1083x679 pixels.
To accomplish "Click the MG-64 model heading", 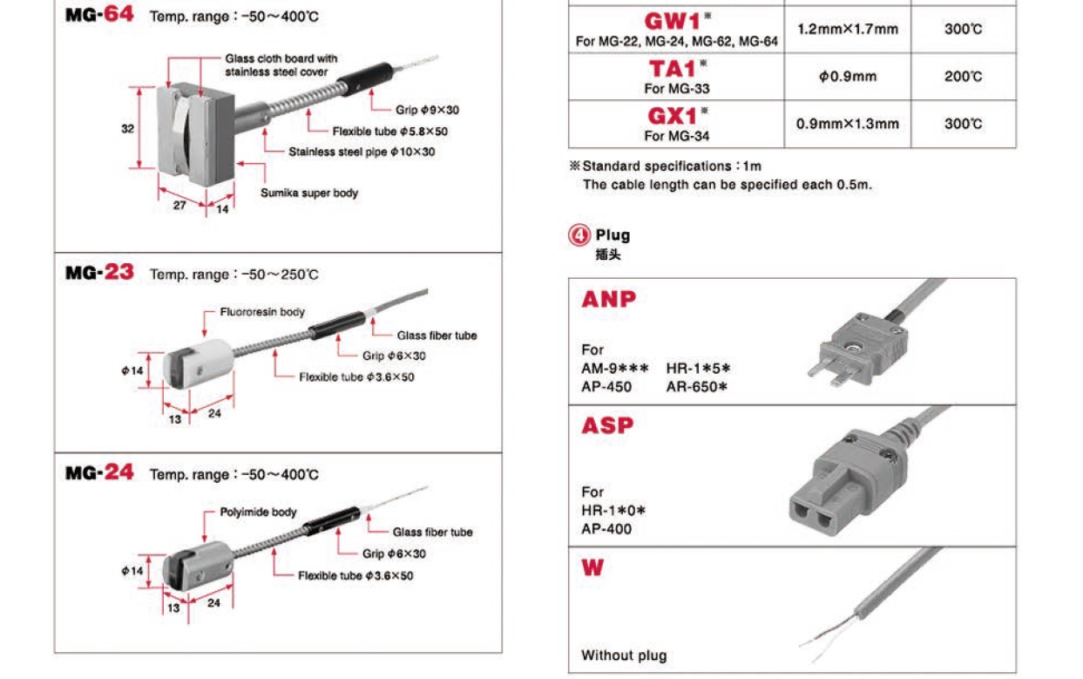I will click(x=99, y=15).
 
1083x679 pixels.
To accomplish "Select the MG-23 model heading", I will click(x=99, y=273).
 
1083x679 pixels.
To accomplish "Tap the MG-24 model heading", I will click(x=99, y=472).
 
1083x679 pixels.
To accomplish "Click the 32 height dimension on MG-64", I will click(x=127, y=129).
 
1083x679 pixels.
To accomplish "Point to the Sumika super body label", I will click(x=309, y=193).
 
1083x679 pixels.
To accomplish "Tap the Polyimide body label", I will click(x=258, y=512).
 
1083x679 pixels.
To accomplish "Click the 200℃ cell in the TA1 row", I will click(x=963, y=77).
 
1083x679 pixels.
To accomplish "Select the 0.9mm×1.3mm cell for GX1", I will click(x=847, y=124).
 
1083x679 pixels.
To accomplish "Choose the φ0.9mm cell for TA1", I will click(x=847, y=77).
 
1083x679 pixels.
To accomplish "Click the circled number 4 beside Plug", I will click(x=579, y=235).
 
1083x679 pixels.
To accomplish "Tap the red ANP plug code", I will click(x=609, y=300).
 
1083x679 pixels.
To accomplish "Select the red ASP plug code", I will click(x=608, y=426).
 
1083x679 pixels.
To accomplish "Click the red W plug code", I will click(x=592, y=568).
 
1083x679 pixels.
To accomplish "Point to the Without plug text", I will click(x=624, y=655).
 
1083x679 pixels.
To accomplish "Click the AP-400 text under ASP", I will click(x=607, y=528).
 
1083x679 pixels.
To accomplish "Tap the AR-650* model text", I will click(x=697, y=386).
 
